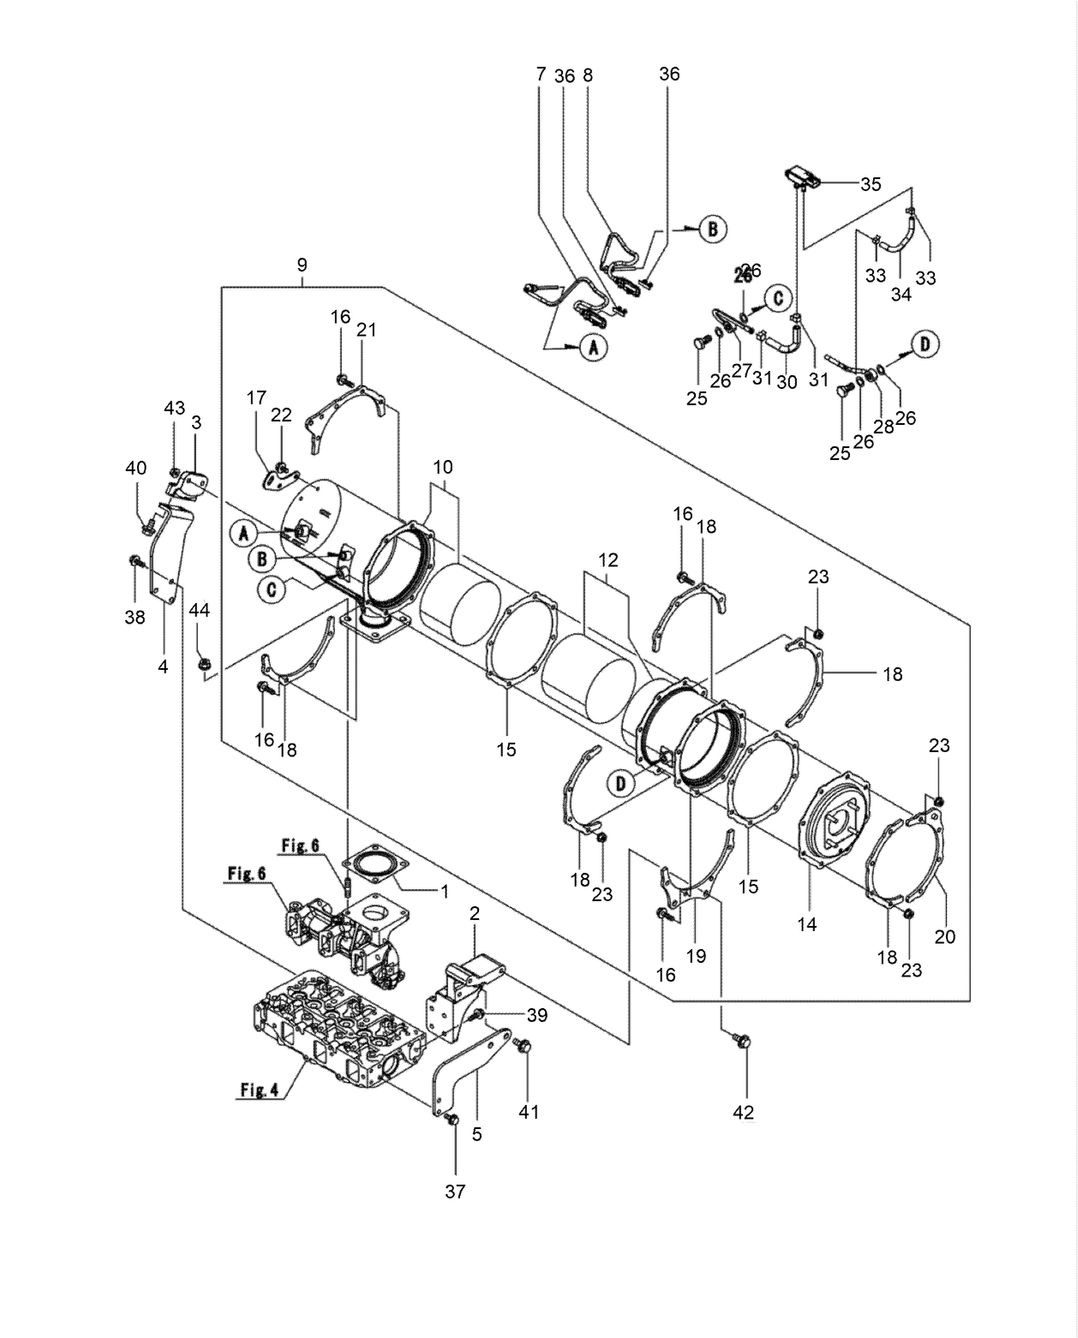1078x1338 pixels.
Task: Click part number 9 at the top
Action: (x=302, y=266)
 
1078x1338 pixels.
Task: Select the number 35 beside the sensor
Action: (x=871, y=184)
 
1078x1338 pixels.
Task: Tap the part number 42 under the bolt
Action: (x=743, y=1112)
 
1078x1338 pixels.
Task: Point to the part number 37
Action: (x=455, y=1191)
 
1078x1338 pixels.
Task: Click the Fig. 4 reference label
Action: (x=258, y=1090)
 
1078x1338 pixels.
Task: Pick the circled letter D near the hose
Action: (x=925, y=345)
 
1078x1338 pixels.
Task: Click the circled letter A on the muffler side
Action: (x=243, y=534)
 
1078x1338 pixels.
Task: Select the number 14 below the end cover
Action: (x=806, y=924)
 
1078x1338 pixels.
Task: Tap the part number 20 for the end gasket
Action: (x=944, y=936)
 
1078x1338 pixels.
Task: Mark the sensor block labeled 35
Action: (x=803, y=177)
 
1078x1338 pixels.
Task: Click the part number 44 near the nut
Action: (x=199, y=610)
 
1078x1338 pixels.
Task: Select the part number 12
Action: (x=608, y=560)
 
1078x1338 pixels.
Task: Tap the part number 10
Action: (x=443, y=468)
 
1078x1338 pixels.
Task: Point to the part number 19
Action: (x=697, y=955)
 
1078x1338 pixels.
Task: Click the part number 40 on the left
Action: (x=135, y=468)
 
